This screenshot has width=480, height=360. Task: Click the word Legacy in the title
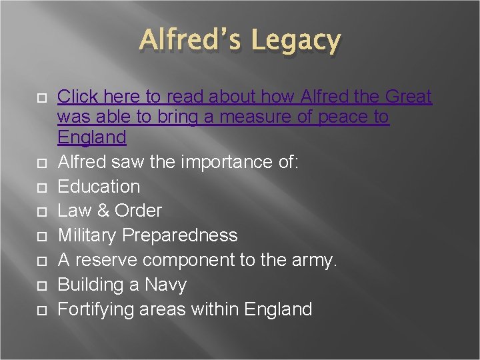tap(295, 41)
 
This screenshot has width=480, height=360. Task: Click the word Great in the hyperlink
tap(404, 97)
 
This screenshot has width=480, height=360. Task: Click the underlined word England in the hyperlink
tap(92, 137)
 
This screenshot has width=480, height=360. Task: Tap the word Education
tap(99, 187)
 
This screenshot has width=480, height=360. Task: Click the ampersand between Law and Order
tap(104, 211)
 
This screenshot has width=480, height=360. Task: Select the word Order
tap(138, 211)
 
